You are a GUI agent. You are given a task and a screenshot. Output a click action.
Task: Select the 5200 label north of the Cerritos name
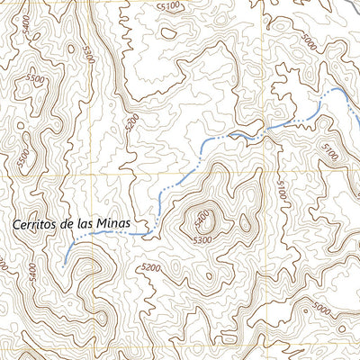pyautogui.click(x=132, y=120)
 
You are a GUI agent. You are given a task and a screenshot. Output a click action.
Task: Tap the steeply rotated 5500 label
pyautogui.click(x=22, y=158)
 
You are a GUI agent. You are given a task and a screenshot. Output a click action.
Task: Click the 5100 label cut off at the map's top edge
pyautogui.click(x=167, y=5)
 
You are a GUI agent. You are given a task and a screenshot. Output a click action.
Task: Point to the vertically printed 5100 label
pyautogui.click(x=281, y=189)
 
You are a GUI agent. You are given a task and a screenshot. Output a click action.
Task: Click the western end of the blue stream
pyautogui.click(x=65, y=263)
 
